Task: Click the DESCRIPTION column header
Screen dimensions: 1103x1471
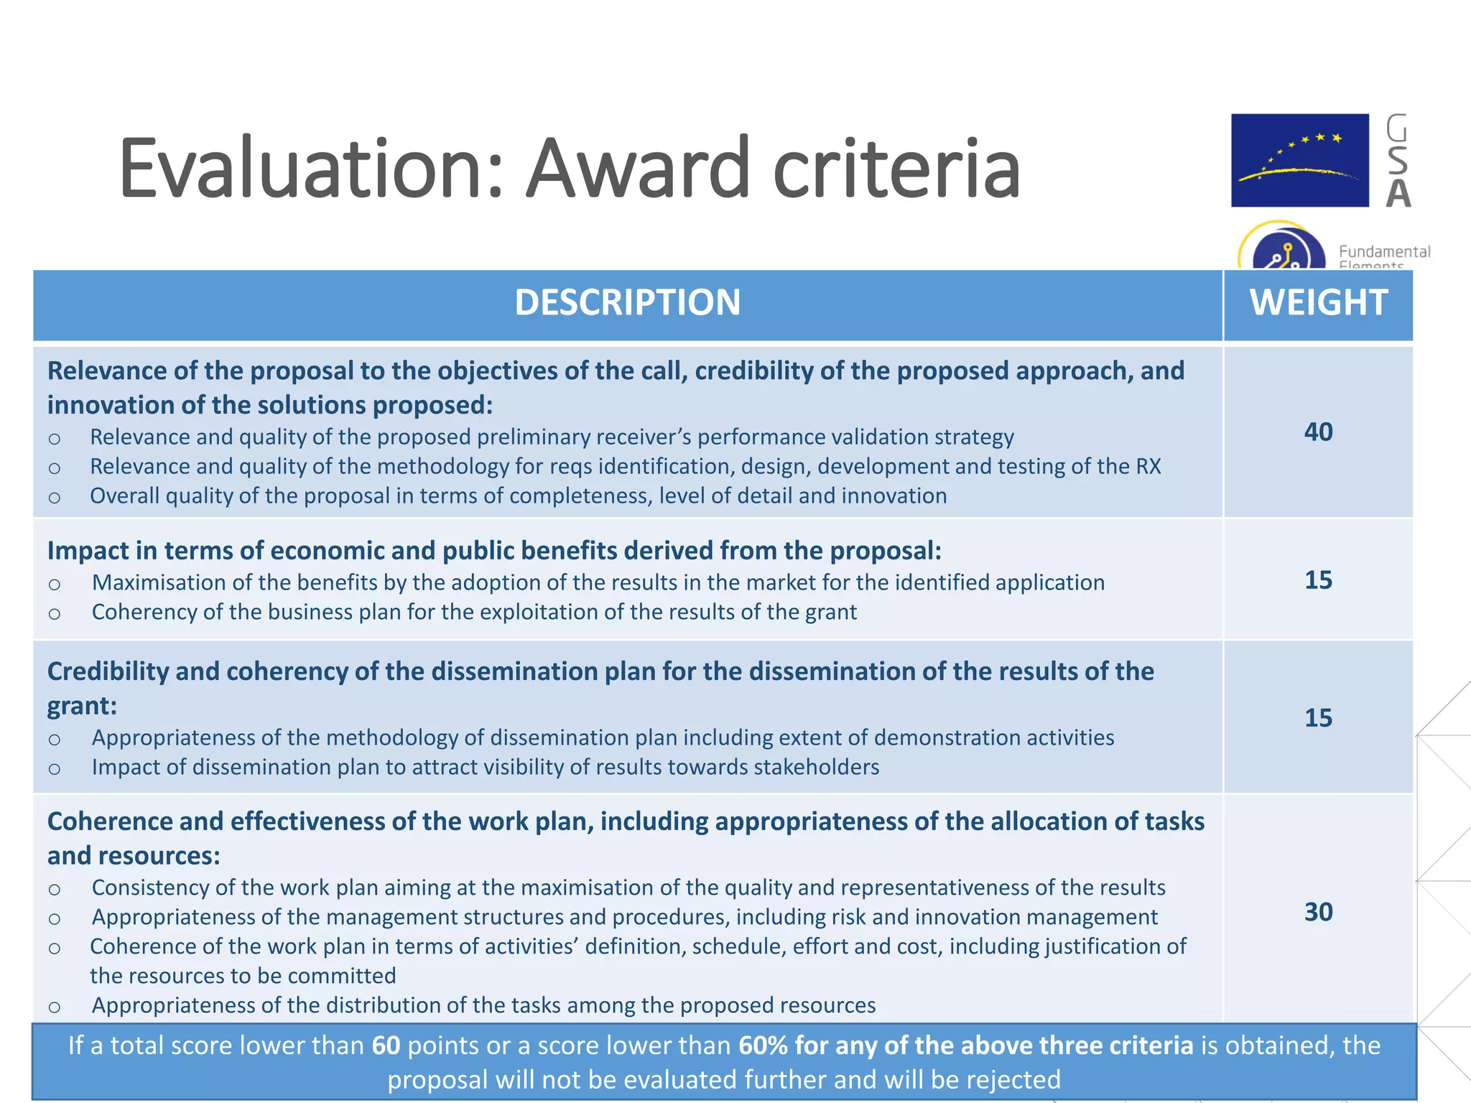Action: [627, 302]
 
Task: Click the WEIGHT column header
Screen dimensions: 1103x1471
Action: [1318, 302]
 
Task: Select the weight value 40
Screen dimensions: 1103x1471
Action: [1318, 432]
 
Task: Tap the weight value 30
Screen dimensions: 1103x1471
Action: [1318, 911]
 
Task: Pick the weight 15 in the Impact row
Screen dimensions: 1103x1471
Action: [1318, 580]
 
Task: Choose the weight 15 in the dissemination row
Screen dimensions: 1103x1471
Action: [1318, 717]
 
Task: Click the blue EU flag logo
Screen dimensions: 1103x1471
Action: [1299, 160]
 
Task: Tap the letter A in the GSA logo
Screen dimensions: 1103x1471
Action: [1398, 193]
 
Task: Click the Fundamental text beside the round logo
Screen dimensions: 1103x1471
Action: [1384, 251]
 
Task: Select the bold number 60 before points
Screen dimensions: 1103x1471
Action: [386, 1046]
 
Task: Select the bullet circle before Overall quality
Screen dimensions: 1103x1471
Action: [55, 498]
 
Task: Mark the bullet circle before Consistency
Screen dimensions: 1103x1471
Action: [55, 890]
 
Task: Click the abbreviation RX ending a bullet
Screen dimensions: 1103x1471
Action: [1148, 467]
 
